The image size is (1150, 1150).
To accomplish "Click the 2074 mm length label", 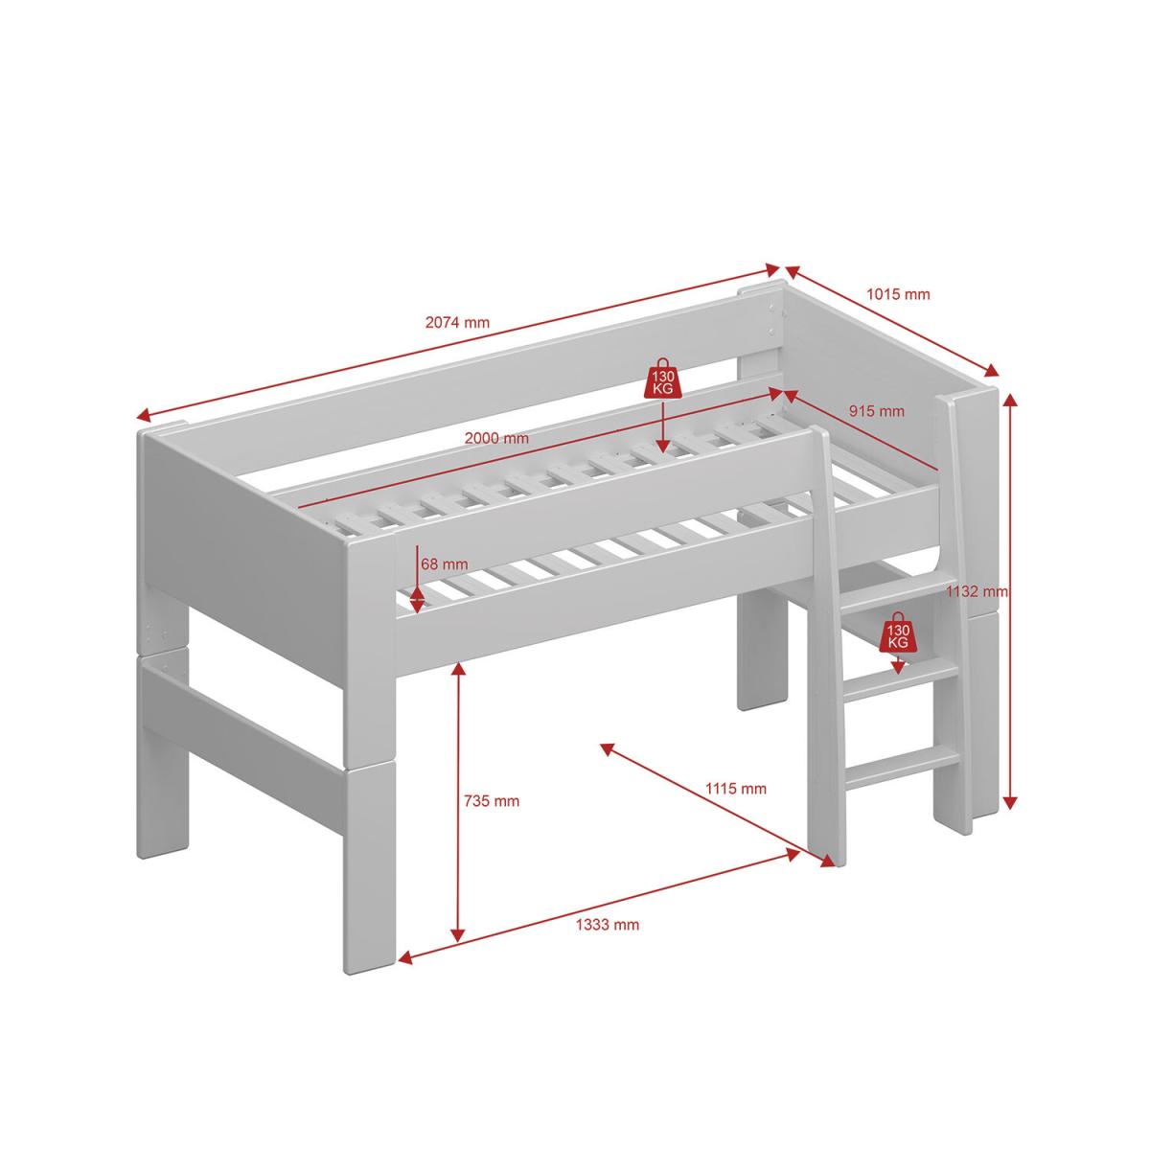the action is tap(457, 322).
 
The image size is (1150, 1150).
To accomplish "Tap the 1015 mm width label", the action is tap(898, 293).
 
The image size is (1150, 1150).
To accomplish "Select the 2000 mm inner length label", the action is tap(496, 438).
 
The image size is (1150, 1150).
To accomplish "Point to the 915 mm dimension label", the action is tap(877, 410).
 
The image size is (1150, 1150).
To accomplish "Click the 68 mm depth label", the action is tap(444, 563).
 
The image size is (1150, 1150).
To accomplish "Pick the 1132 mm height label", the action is tap(977, 591).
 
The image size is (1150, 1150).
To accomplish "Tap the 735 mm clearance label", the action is tap(492, 801).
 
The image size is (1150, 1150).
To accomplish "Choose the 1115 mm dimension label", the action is tap(736, 789).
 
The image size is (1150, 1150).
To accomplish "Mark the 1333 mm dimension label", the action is tap(608, 925).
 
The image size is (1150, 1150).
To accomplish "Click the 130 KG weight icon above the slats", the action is tap(662, 379).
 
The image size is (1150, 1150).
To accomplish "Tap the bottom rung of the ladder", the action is tap(903, 766).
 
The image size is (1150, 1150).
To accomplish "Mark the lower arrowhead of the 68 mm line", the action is tap(417, 605).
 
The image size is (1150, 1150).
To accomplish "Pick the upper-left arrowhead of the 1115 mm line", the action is tap(608, 749).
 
